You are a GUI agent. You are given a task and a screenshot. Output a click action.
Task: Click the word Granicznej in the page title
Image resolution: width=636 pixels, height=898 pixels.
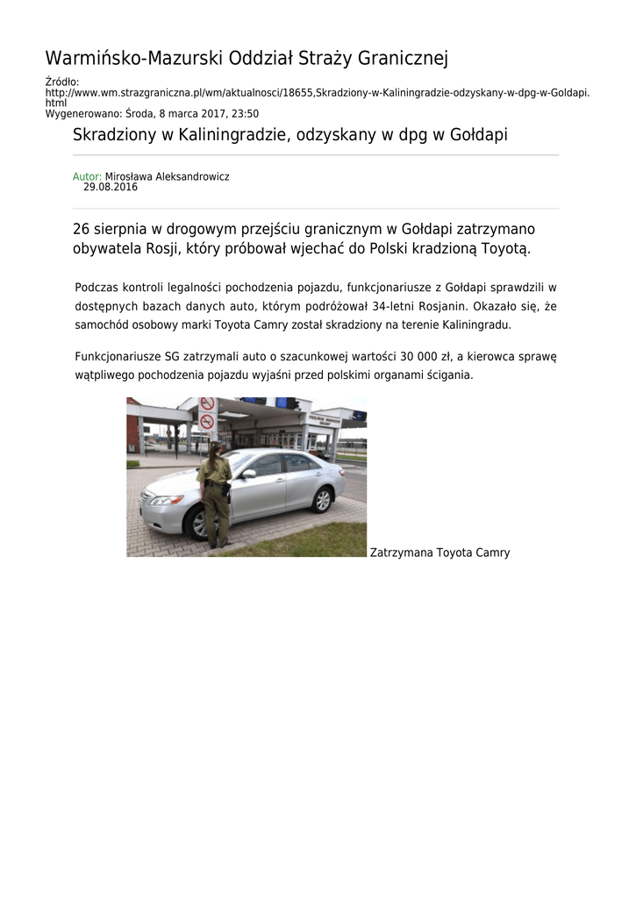pyautogui.click(x=400, y=59)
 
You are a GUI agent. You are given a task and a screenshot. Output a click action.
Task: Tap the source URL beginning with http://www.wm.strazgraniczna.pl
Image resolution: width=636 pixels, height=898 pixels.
pyautogui.click(x=317, y=92)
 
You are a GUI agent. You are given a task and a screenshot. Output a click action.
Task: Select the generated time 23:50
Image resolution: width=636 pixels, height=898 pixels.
pyautogui.click(x=245, y=114)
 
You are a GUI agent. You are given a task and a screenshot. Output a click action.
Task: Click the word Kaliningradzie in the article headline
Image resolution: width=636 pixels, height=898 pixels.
pyautogui.click(x=242, y=135)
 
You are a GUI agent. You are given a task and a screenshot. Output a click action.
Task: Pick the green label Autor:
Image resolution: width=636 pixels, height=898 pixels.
pyautogui.click(x=87, y=176)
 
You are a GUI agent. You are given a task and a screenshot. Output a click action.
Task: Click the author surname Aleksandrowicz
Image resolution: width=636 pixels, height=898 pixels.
pyautogui.click(x=194, y=176)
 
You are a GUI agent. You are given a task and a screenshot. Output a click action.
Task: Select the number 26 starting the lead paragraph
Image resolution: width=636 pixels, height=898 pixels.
pyautogui.click(x=82, y=229)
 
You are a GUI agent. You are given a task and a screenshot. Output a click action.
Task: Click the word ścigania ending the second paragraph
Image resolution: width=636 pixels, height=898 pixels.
pyautogui.click(x=450, y=374)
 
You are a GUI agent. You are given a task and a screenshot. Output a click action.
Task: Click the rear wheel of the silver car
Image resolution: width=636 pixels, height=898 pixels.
pyautogui.click(x=322, y=500)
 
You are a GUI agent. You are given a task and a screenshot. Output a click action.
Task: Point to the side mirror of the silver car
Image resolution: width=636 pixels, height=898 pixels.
pyautogui.click(x=248, y=474)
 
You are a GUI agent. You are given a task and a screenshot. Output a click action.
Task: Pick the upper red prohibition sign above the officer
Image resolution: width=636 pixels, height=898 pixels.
pyautogui.click(x=207, y=404)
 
